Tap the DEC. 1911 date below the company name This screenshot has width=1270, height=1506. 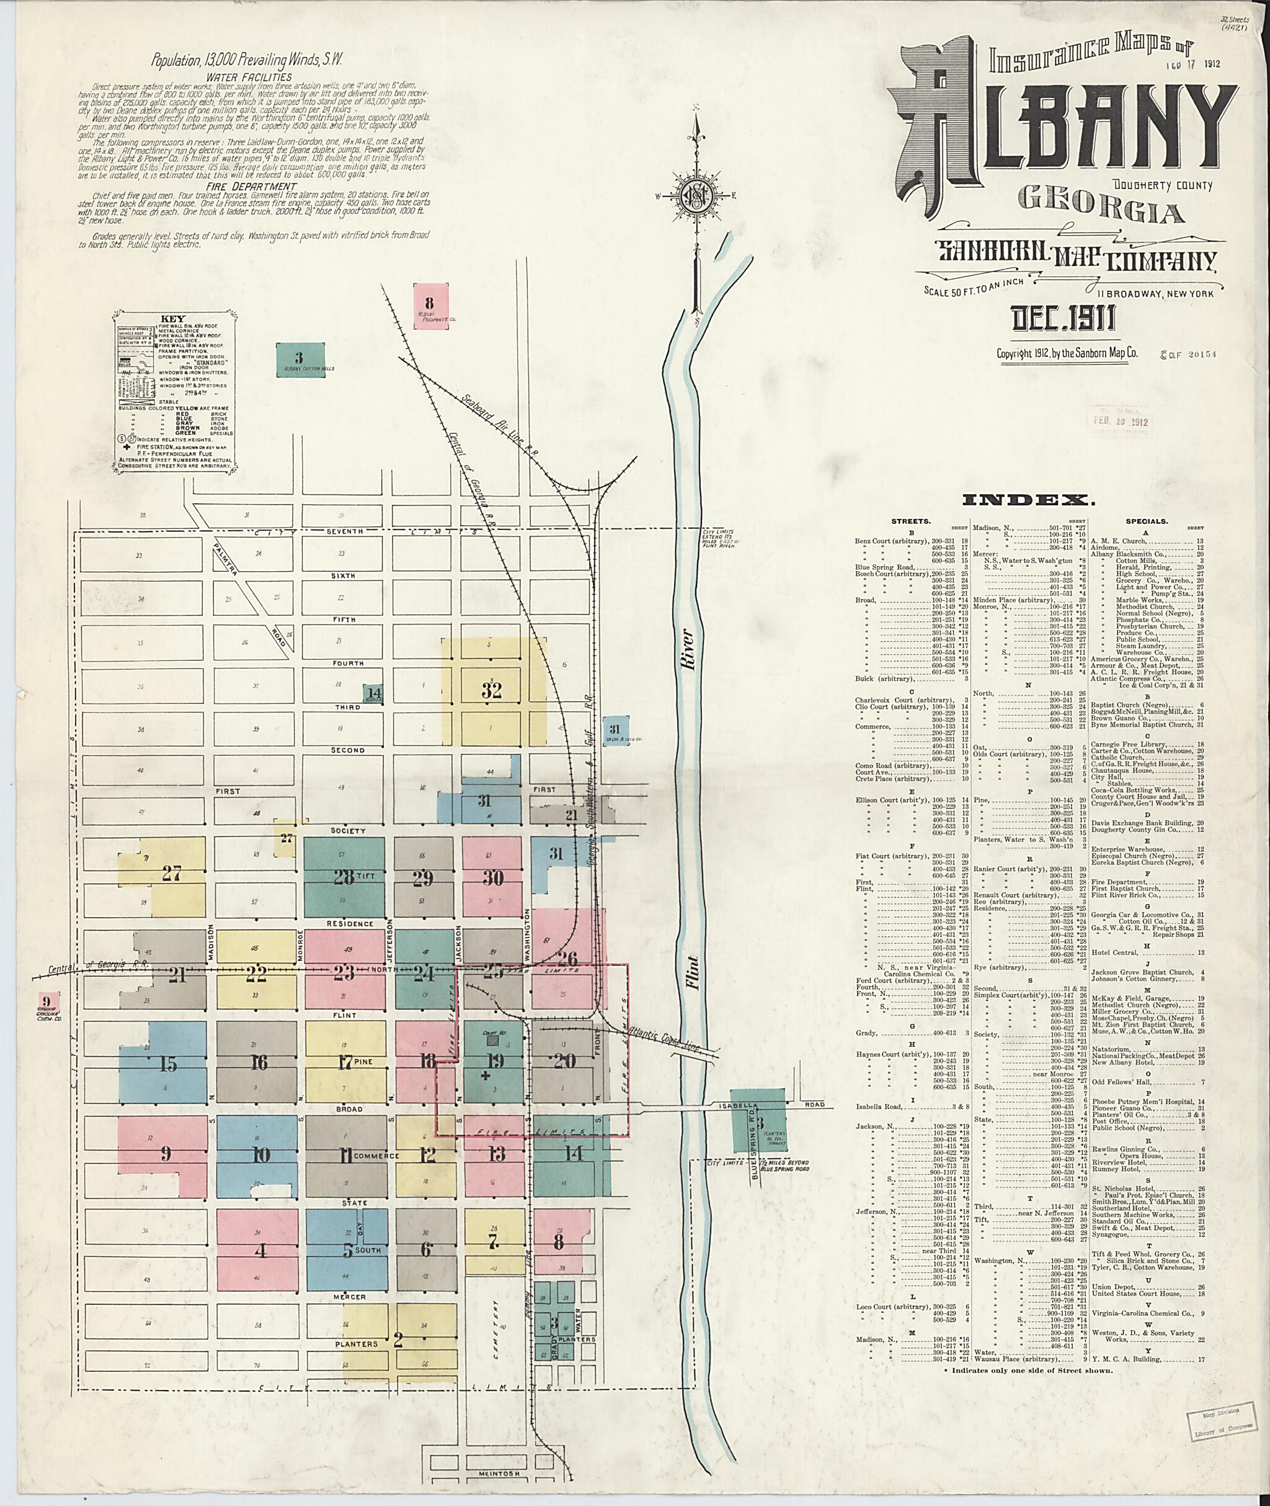(1064, 318)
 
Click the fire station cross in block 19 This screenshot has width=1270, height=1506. (484, 1077)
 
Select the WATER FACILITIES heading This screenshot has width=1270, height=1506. (249, 77)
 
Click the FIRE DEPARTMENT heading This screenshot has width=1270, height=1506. (249, 186)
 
